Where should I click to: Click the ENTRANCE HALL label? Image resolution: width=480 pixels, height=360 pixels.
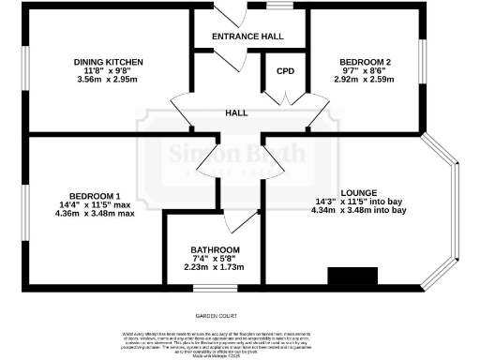(x=248, y=37)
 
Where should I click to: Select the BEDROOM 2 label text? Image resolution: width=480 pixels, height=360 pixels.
(x=365, y=61)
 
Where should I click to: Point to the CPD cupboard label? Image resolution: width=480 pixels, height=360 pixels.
(x=284, y=71)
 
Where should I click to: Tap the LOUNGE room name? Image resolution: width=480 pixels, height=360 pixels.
(x=359, y=191)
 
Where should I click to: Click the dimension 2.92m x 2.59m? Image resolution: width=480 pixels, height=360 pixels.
(x=365, y=80)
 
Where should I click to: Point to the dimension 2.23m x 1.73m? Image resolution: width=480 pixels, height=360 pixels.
(x=214, y=267)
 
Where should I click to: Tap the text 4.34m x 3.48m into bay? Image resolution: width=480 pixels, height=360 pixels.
(x=359, y=210)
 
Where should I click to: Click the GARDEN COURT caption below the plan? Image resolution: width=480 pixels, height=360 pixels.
(x=217, y=317)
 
